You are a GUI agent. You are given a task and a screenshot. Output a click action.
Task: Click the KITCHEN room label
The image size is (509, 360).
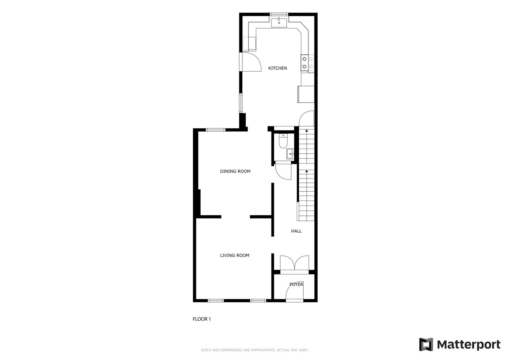point(278,68)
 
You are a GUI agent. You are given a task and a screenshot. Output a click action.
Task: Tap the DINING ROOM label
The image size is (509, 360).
point(235,171)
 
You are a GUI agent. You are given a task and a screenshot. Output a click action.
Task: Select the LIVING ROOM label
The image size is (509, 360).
point(234,255)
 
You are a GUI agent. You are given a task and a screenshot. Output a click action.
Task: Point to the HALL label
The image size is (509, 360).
point(296,231)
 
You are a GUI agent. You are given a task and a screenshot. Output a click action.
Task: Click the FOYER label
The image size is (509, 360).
point(296,284)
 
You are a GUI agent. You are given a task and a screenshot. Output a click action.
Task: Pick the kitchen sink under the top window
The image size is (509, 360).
point(279,23)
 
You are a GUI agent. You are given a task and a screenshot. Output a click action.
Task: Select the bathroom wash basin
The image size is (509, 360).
point(290,154)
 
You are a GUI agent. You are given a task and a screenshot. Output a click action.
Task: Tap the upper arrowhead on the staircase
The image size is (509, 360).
point(306,131)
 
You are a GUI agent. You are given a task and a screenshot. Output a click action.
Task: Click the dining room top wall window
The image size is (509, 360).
point(215,130)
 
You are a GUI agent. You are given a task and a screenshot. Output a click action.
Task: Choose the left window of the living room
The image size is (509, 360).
point(216,301)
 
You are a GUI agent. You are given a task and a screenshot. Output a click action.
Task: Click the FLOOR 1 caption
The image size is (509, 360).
point(202,319)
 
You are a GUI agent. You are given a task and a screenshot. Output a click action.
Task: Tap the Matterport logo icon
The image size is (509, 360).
point(426,344)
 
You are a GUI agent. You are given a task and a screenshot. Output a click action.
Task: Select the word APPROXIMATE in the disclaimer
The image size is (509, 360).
point(262,350)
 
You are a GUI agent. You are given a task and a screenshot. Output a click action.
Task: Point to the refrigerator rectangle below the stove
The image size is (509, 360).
point(306,94)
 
